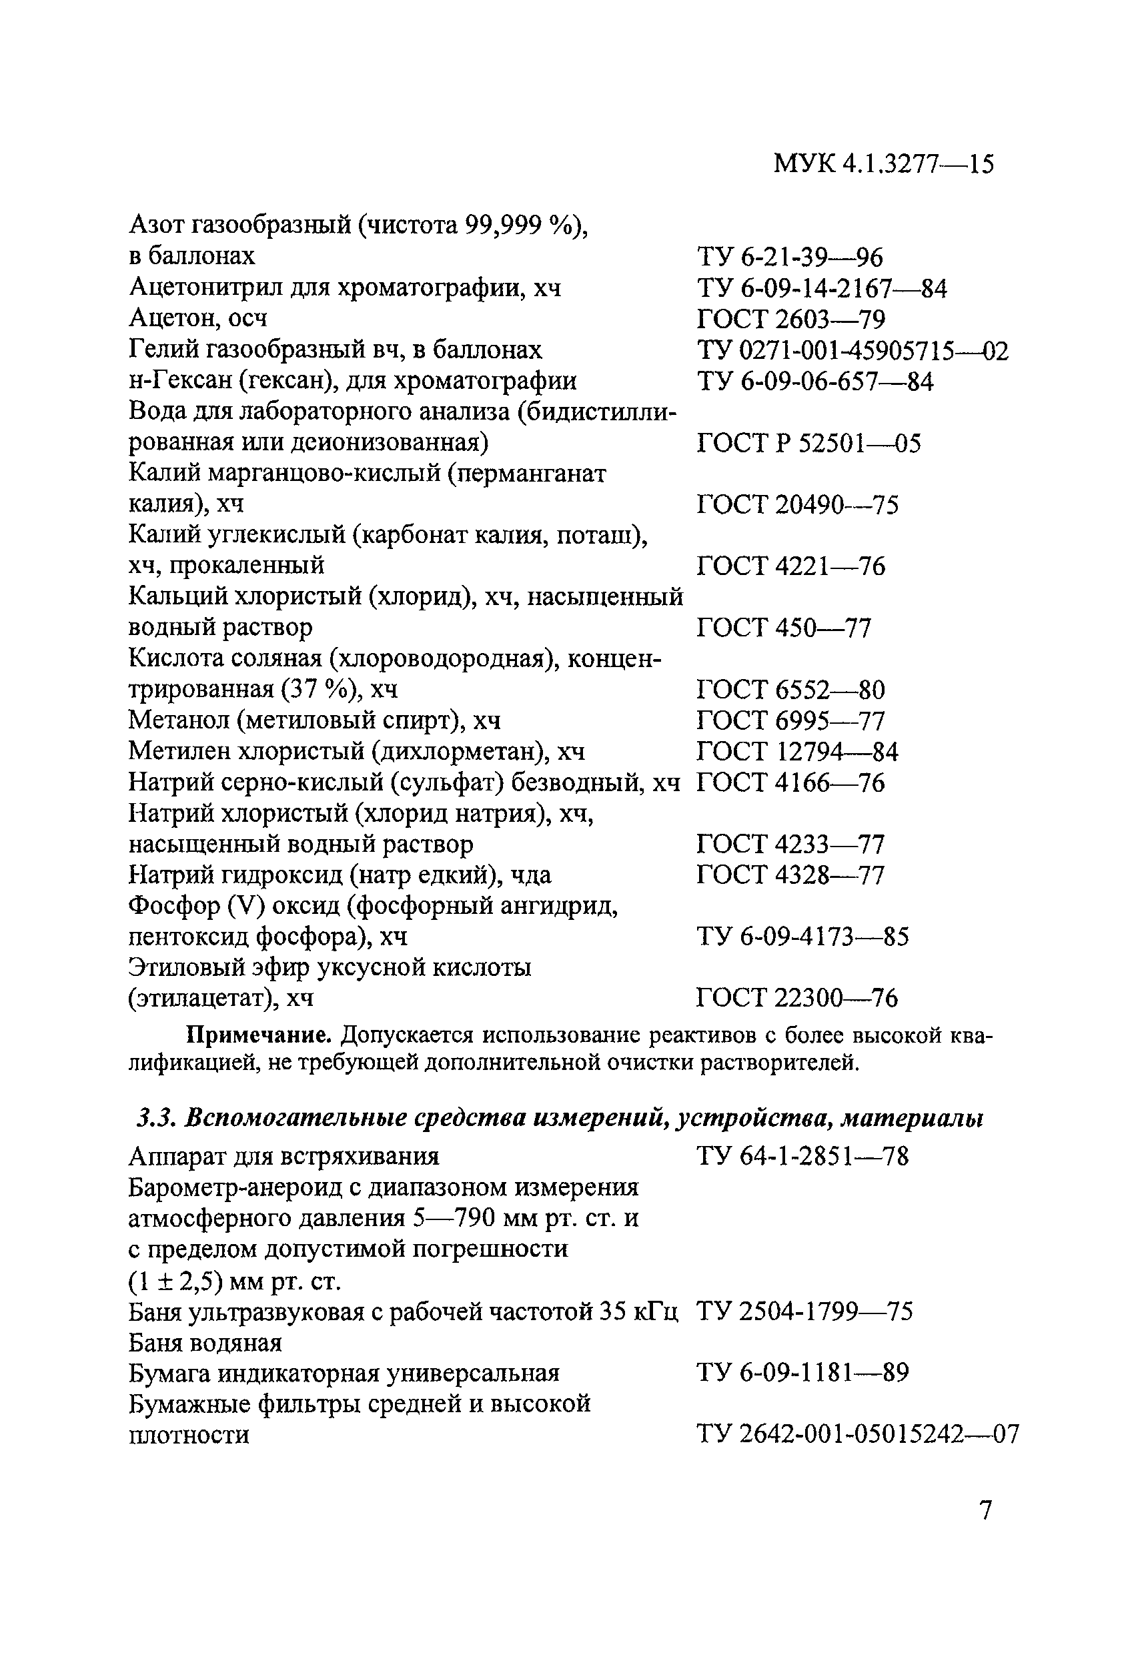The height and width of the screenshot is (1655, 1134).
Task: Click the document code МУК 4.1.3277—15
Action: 883,165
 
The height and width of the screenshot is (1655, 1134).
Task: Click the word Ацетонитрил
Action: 200,288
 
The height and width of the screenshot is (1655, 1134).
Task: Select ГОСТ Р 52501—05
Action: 808,443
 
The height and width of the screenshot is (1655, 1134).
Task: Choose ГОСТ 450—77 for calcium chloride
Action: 784,628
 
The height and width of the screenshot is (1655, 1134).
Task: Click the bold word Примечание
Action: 261,1035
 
